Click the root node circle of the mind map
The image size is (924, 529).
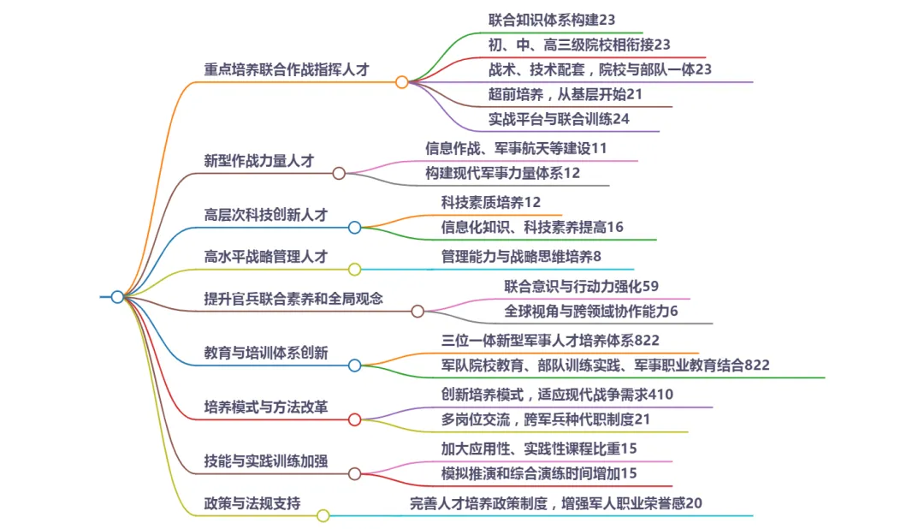tap(117, 297)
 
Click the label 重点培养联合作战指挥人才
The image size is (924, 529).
tap(287, 69)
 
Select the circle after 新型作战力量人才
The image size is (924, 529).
tap(339, 173)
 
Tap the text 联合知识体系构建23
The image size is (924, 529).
tap(552, 19)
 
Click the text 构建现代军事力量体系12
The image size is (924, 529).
tap(503, 173)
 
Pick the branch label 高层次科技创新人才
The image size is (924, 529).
tap(266, 215)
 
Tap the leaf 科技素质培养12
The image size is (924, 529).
tap(491, 202)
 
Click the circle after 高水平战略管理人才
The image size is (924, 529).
tap(354, 269)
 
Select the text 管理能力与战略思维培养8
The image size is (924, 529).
tap(521, 256)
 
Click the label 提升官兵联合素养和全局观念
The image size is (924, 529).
tap(293, 299)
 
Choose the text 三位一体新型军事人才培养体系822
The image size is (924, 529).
tap(550, 340)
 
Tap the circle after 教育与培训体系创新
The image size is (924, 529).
tap(354, 366)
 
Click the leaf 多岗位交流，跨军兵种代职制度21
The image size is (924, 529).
tap(546, 419)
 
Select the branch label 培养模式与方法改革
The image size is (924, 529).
tap(266, 407)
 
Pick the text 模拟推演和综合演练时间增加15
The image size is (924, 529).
tap(539, 473)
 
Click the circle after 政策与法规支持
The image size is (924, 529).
tap(323, 515)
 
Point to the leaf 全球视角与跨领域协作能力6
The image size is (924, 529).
tap(590, 311)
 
